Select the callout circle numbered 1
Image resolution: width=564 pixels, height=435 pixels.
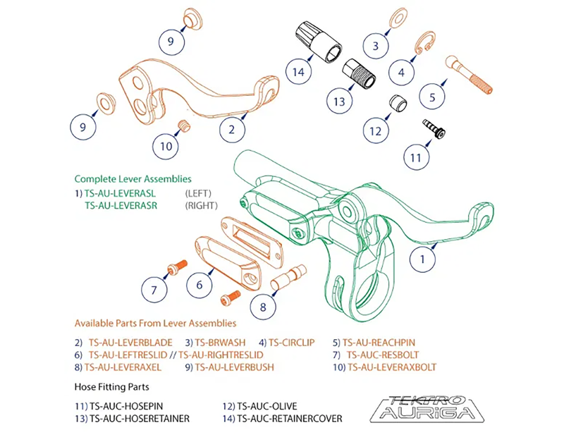click(423, 259)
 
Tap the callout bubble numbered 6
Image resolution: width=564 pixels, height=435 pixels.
click(200, 284)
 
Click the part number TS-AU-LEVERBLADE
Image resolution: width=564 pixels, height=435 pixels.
click(121, 342)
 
